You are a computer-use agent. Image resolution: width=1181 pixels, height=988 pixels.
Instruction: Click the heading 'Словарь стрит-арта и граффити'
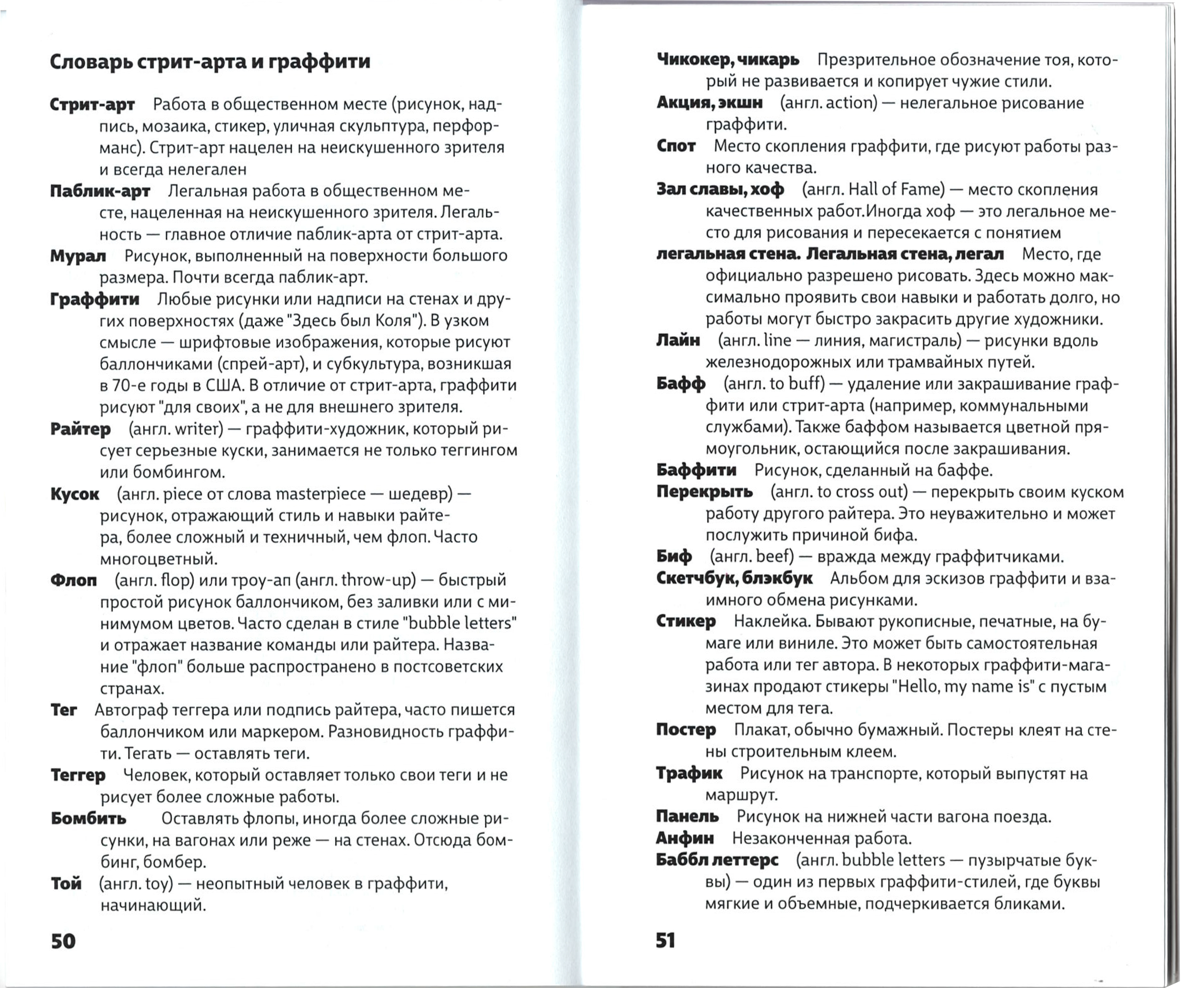coord(210,61)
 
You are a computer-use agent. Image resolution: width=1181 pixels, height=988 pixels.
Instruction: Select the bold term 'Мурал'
coord(78,256)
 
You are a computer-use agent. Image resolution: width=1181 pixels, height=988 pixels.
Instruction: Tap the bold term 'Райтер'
coord(81,429)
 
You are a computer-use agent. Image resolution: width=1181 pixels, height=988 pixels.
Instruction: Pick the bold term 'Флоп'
coord(74,580)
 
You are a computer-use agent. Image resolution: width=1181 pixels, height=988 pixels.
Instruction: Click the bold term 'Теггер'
coord(78,775)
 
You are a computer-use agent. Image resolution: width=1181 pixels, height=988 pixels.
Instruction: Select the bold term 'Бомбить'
coord(88,818)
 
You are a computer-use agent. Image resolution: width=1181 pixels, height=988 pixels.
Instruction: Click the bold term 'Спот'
coord(676,146)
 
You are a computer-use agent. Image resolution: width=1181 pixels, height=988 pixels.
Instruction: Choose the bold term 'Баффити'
coord(696,470)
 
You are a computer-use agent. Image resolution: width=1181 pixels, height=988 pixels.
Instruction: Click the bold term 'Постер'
coord(686,730)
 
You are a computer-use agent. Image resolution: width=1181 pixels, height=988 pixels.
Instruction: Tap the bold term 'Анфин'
coord(684,838)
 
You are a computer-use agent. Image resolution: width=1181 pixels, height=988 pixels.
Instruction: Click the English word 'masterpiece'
coord(320,494)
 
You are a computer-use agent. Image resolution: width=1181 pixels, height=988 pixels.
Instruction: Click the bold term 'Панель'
coord(687,817)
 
